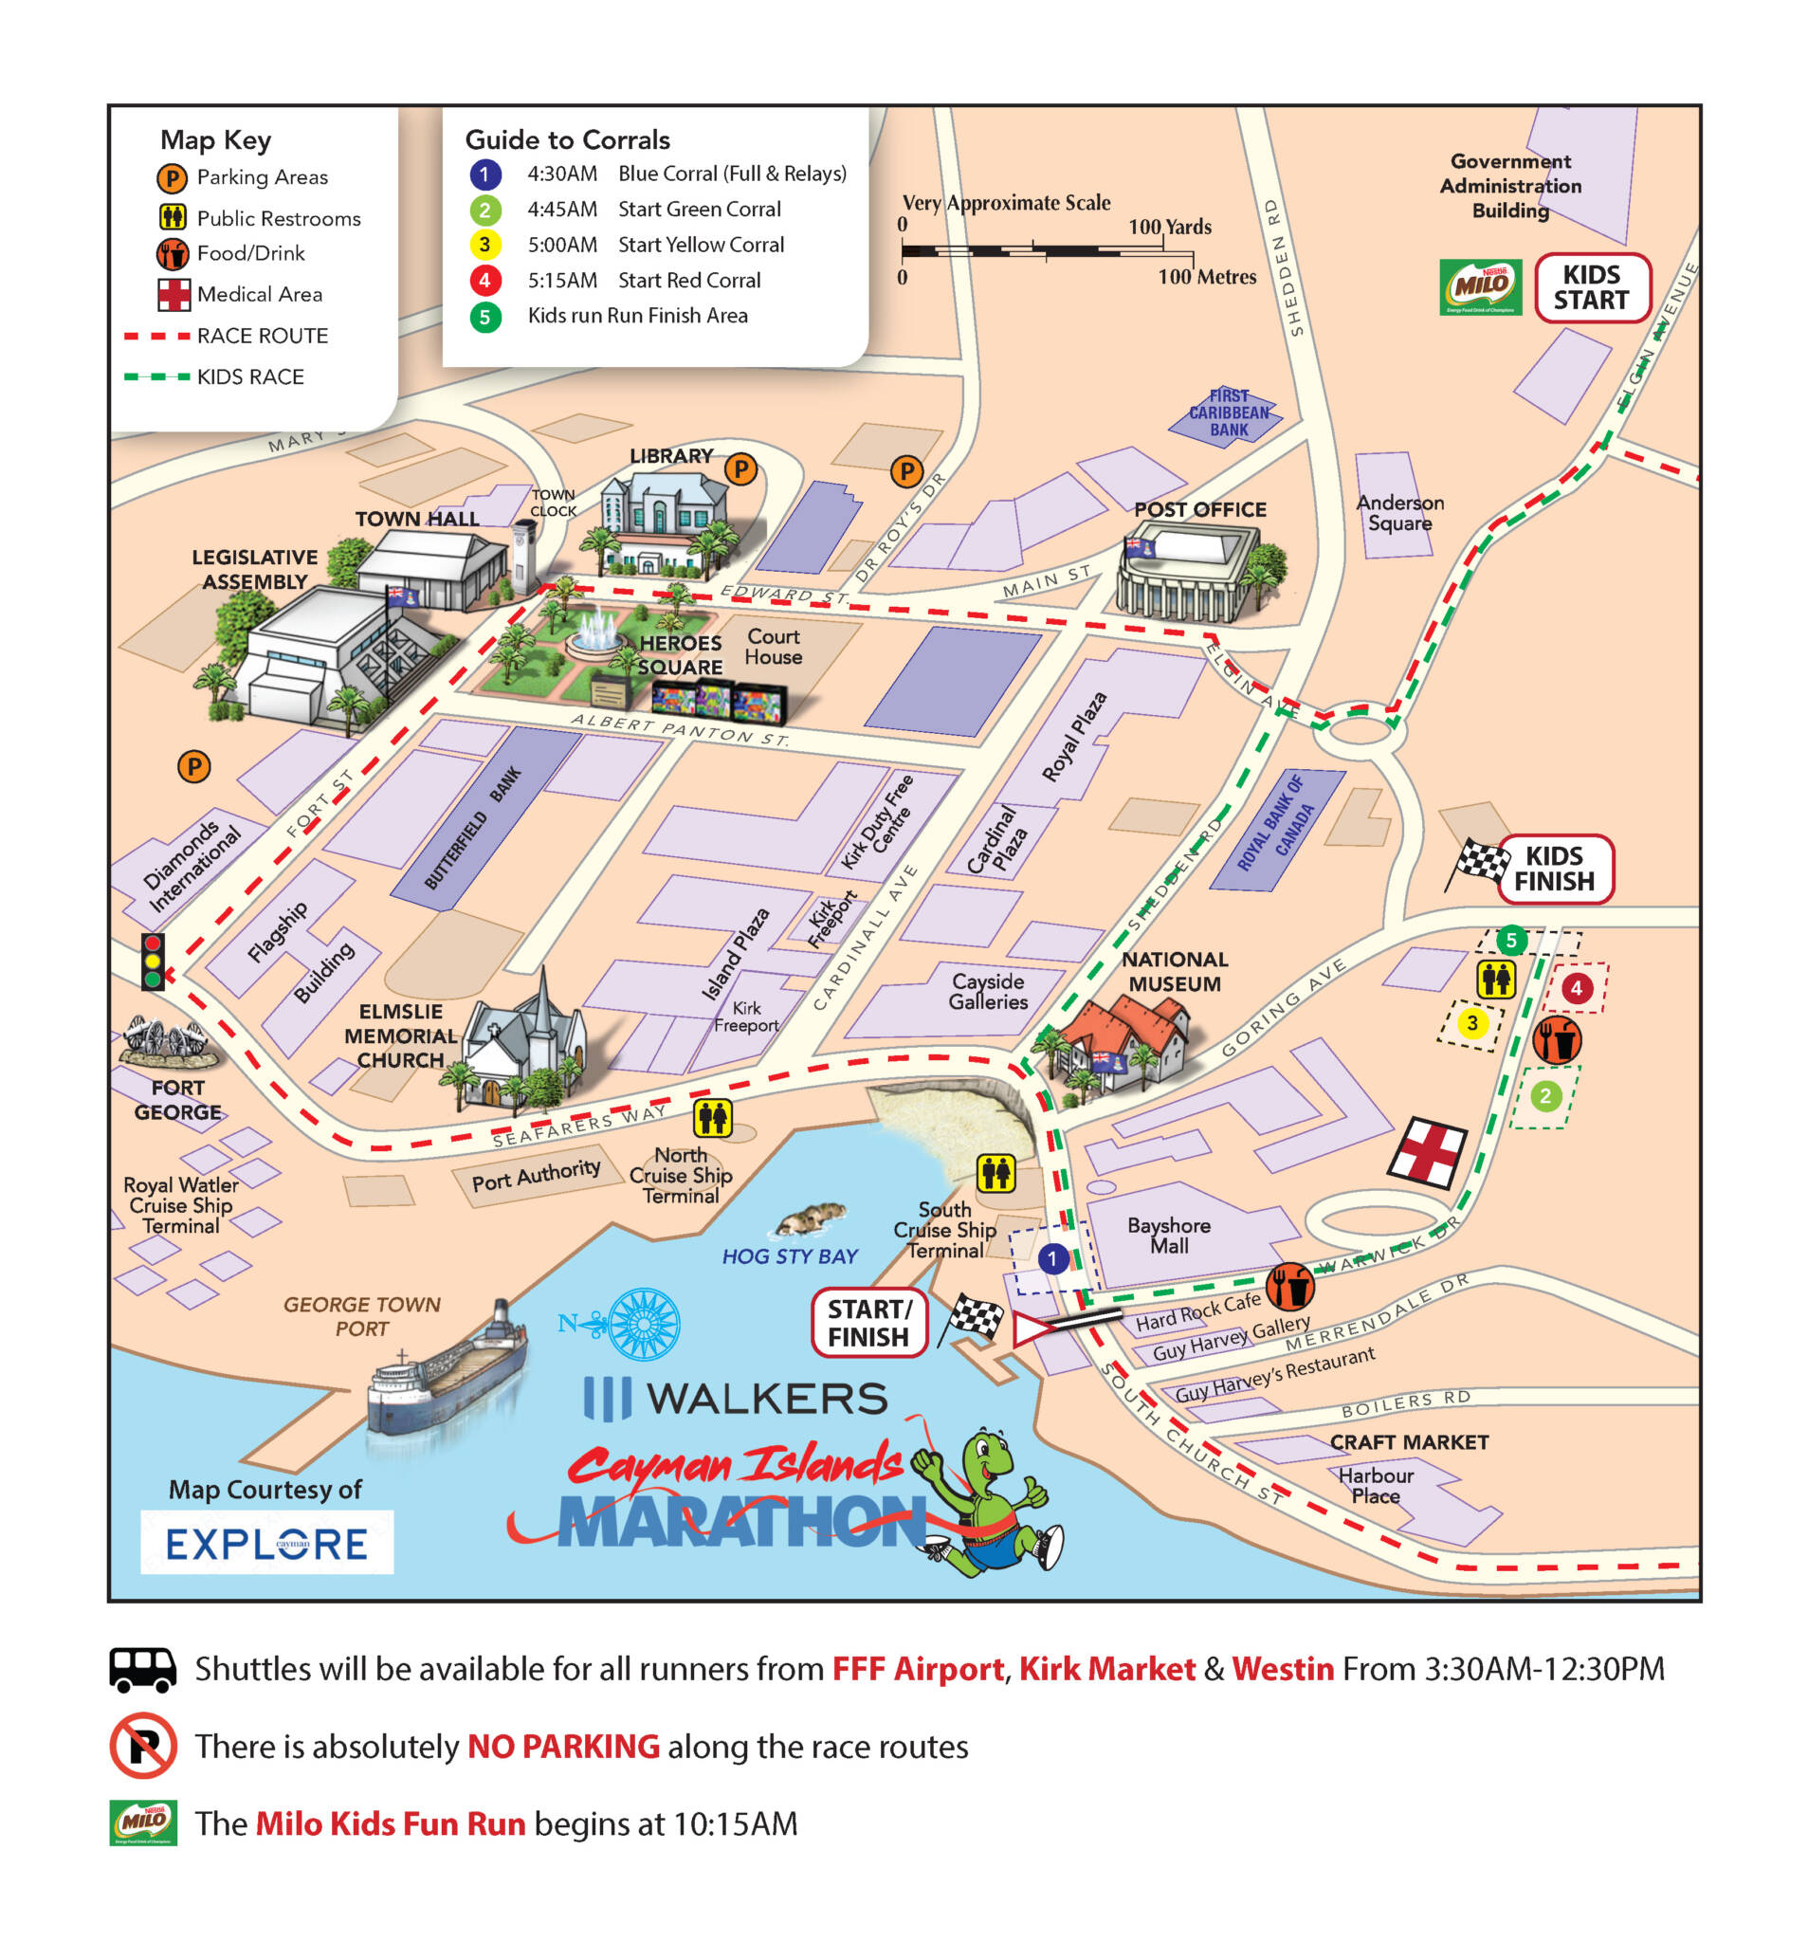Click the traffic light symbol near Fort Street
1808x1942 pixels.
pyautogui.click(x=153, y=962)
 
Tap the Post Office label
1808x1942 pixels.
pyautogui.click(x=1199, y=509)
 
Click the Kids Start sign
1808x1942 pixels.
pyautogui.click(x=1591, y=287)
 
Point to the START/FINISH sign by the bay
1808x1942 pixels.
pyautogui.click(x=868, y=1323)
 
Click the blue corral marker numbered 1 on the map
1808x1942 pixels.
pyautogui.click(x=1052, y=1258)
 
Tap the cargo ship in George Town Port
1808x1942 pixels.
pyautogui.click(x=447, y=1367)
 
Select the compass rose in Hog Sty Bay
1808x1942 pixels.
pyautogui.click(x=643, y=1325)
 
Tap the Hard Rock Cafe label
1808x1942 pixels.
pyautogui.click(x=1197, y=1312)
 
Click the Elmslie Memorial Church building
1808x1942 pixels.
pyautogui.click(x=524, y=1045)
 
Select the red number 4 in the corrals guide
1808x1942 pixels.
pyautogui.click(x=484, y=281)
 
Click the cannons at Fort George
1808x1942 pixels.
pyautogui.click(x=164, y=1039)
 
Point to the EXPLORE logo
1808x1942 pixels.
pyautogui.click(x=266, y=1543)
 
